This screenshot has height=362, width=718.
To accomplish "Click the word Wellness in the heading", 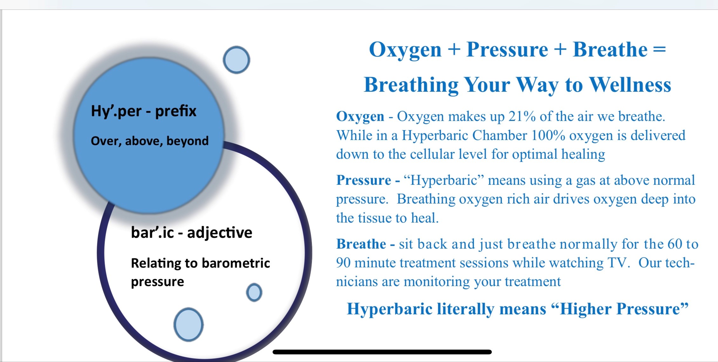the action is [630, 85].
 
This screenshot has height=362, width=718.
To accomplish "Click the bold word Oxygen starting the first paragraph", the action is [360, 117].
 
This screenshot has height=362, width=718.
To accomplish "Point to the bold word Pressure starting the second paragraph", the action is [364, 180].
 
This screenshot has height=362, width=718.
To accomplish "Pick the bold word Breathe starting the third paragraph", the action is [361, 244].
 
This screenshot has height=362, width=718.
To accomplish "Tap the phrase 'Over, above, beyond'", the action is [150, 141].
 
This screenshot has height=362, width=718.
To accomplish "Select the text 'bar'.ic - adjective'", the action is [192, 233].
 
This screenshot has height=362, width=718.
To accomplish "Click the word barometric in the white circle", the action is [236, 263].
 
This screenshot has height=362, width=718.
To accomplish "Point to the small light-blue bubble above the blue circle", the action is [236, 60].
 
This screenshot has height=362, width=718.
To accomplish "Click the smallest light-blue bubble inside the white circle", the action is [254, 292].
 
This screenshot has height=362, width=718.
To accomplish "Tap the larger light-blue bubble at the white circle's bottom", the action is [188, 325].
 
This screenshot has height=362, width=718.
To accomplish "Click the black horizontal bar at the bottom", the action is [382, 352].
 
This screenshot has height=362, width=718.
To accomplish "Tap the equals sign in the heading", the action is [660, 50].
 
